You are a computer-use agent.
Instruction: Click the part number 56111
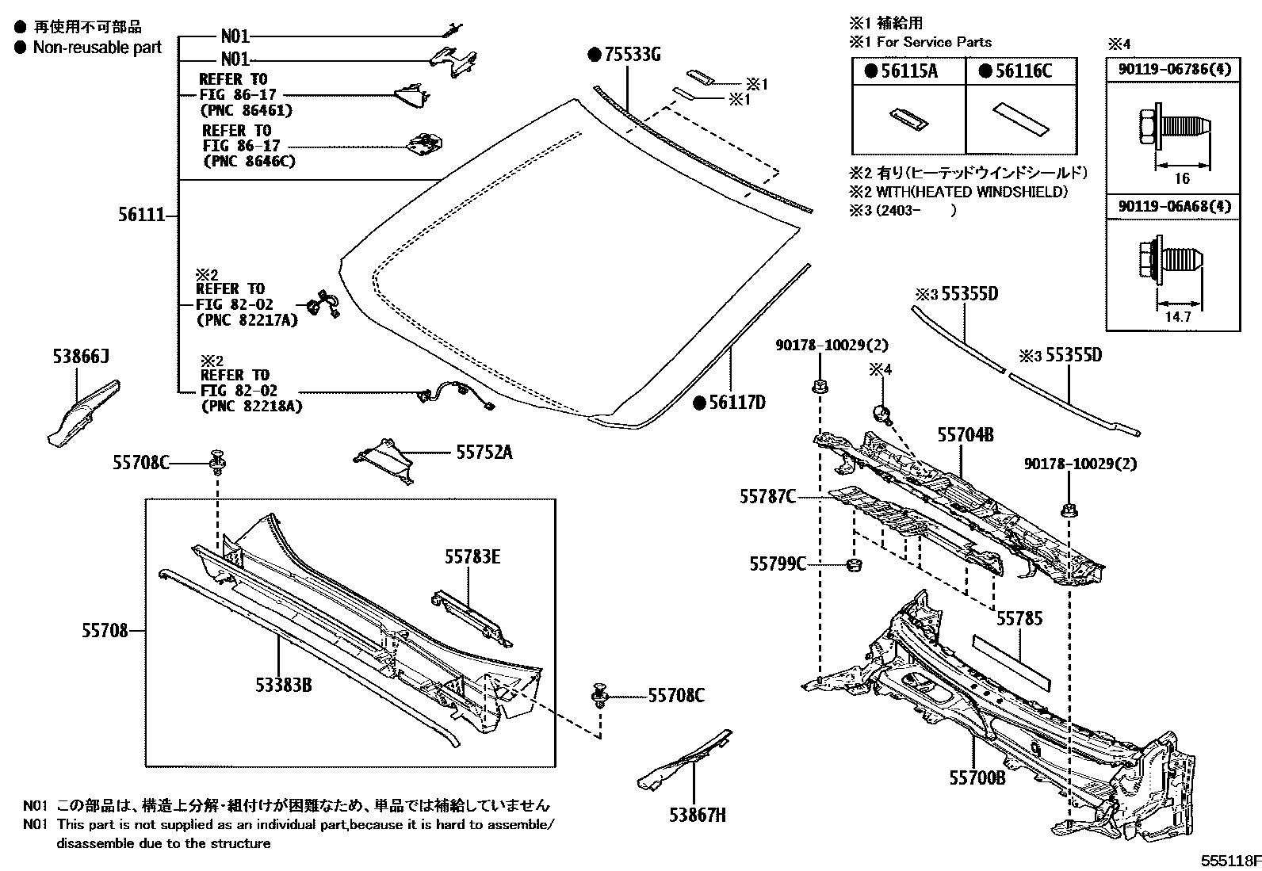point(141,216)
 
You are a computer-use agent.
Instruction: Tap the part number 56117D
point(736,403)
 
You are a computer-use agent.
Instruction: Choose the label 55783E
point(472,557)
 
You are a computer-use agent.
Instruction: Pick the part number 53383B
point(283,683)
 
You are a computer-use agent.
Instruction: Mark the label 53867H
point(697,814)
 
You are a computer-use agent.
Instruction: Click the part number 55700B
point(977,778)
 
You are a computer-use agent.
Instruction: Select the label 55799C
point(778,563)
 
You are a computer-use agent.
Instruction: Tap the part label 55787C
point(767,496)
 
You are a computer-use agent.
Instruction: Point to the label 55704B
point(966,434)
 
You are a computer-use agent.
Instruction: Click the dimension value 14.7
point(1178,316)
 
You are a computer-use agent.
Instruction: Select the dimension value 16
point(1182,179)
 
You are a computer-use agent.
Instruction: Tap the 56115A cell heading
point(908,71)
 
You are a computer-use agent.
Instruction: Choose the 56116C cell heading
point(1021,71)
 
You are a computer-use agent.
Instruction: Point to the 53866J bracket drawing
point(82,408)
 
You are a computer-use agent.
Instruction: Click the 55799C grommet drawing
point(854,565)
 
